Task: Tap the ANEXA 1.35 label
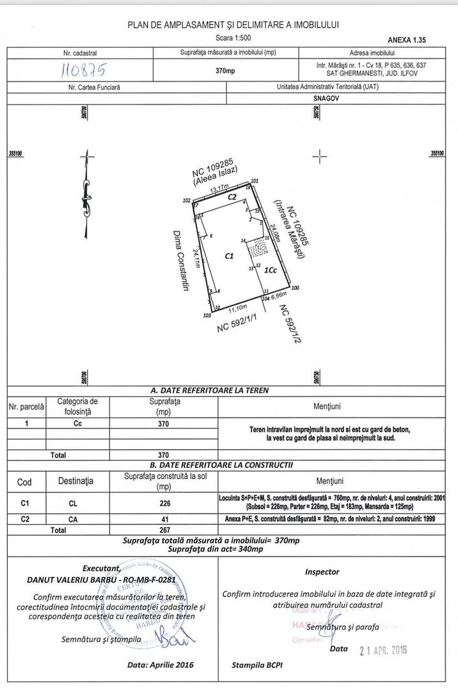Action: [x=406, y=39]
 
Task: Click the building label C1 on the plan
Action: [x=229, y=256]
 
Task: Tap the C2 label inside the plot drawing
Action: [x=231, y=196]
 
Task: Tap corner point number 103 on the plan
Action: [x=207, y=316]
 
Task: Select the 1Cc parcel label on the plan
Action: [x=270, y=272]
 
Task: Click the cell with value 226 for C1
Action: [x=163, y=501]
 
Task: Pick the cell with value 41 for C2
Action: [x=163, y=519]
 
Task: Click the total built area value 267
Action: [x=163, y=530]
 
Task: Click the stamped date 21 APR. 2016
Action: [x=383, y=650]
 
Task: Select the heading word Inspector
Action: [x=322, y=572]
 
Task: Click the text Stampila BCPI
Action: [x=257, y=665]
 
